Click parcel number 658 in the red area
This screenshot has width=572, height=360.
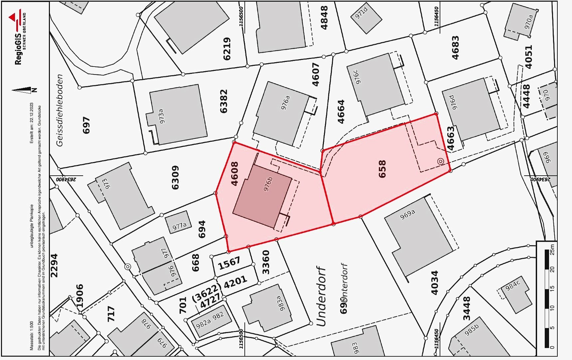(x=382, y=169)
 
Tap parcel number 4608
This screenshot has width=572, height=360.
(x=234, y=173)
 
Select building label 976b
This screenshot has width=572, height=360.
(x=268, y=184)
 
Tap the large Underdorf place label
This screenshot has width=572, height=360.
(x=321, y=296)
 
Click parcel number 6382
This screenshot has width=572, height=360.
(x=224, y=101)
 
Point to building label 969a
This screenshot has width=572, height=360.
(x=407, y=214)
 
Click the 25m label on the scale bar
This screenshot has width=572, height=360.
(x=552, y=249)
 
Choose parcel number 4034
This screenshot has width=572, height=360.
(x=434, y=282)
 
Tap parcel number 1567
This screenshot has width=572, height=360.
(x=229, y=263)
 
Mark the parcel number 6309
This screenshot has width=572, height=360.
(x=175, y=177)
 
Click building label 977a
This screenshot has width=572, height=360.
(x=180, y=227)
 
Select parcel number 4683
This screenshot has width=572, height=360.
(x=455, y=48)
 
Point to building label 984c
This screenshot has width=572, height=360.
(x=512, y=286)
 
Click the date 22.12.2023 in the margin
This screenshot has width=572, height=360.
(x=32, y=115)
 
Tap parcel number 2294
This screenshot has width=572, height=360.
(x=54, y=265)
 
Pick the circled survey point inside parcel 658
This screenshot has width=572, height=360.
(x=441, y=162)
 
